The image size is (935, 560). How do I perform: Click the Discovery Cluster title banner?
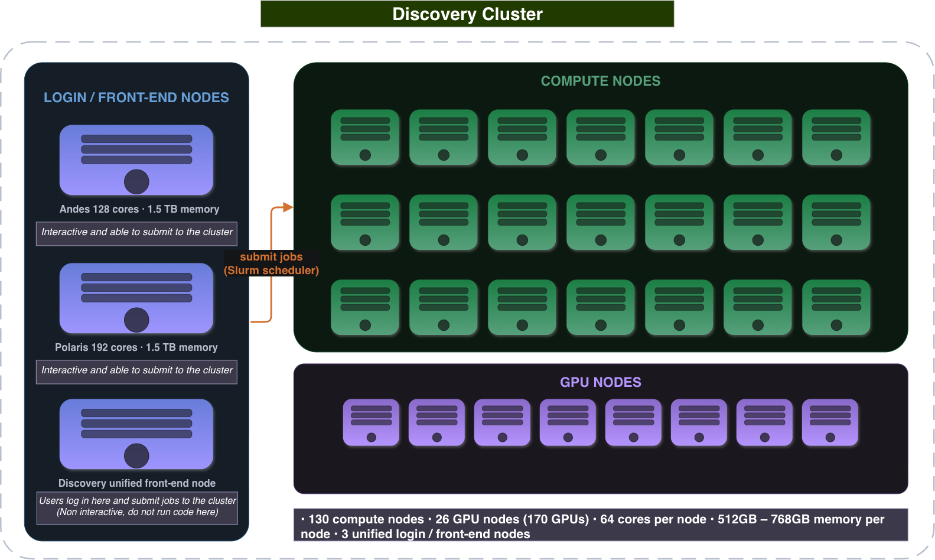pyautogui.click(x=467, y=14)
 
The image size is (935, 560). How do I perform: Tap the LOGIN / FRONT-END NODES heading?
pyautogui.click(x=136, y=97)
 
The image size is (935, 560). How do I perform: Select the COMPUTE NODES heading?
pyautogui.click(x=601, y=80)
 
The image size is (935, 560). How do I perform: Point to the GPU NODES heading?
pyautogui.click(x=601, y=382)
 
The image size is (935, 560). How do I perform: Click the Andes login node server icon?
pyautogui.click(x=136, y=160)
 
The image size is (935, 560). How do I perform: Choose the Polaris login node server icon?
pyautogui.click(x=136, y=298)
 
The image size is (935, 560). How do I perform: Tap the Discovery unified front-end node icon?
pyautogui.click(x=136, y=434)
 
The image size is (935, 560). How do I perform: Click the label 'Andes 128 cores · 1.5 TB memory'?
pyautogui.click(x=139, y=209)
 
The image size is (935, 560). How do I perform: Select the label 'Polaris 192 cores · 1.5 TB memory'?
pyautogui.click(x=136, y=347)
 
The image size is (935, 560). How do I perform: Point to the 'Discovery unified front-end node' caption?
pyautogui.click(x=137, y=483)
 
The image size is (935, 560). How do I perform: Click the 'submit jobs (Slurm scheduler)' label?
pyautogui.click(x=271, y=263)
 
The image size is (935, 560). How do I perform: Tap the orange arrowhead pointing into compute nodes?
pyautogui.click(x=288, y=207)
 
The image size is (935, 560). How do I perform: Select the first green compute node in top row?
pyautogui.click(x=365, y=137)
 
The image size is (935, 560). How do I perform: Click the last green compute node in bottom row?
pyautogui.click(x=836, y=307)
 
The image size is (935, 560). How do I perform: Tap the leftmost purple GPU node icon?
pyautogui.click(x=371, y=422)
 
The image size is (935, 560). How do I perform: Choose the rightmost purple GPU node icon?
pyautogui.click(x=830, y=422)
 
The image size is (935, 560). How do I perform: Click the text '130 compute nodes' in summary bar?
pyautogui.click(x=366, y=519)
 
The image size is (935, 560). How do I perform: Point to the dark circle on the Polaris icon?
pyautogui.click(x=136, y=320)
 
